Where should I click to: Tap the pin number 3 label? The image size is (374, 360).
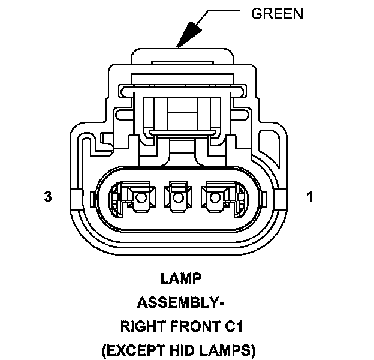(47, 196)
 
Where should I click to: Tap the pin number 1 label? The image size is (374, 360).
(310, 196)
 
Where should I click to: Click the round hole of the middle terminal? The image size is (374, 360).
(176, 197)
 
